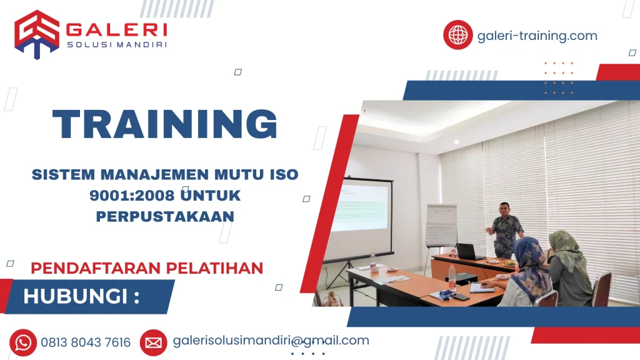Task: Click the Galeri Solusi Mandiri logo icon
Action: (x=37, y=34)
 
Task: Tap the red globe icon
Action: (x=458, y=35)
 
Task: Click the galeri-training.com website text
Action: (x=537, y=36)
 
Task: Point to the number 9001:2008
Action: (x=129, y=195)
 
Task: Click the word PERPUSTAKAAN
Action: (x=165, y=216)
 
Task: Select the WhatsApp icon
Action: (x=23, y=342)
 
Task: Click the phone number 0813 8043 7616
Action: (x=86, y=342)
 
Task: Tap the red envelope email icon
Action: (x=153, y=342)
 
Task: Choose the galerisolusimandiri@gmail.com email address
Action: (x=271, y=341)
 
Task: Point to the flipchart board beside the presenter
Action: (x=441, y=225)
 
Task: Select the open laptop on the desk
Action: (x=468, y=251)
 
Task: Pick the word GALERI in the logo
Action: (x=116, y=29)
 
